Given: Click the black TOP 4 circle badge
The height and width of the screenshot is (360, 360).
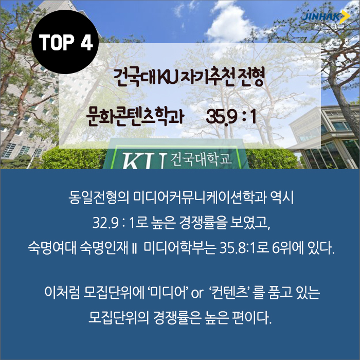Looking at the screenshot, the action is (65, 42).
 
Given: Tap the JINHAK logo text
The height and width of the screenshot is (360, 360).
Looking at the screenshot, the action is (321, 17).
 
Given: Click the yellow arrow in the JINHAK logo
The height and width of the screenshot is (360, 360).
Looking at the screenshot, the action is (345, 17).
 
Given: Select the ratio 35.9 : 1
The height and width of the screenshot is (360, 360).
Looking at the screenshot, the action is (231, 116).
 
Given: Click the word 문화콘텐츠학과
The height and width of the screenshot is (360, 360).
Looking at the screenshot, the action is (135, 116).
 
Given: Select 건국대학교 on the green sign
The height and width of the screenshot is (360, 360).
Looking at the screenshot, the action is (201, 158).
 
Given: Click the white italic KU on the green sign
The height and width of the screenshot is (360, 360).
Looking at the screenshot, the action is (143, 160).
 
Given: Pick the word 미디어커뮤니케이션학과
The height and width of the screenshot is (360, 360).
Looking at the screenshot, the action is (200, 197).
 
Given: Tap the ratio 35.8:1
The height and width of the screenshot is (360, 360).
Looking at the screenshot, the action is (237, 248).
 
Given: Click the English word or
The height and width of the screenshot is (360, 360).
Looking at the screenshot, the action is (197, 294).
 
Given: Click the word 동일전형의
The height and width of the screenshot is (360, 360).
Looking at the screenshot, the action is (99, 197).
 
